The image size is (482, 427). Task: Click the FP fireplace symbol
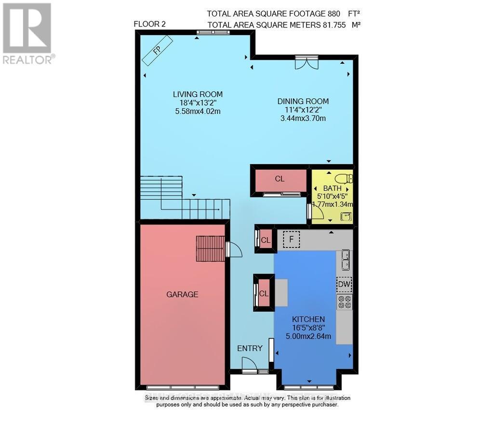pos(157,50)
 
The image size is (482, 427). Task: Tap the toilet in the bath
pos(344,178)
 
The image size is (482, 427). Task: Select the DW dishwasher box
pos(344,285)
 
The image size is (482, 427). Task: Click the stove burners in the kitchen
pos(344,302)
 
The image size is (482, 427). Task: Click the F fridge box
pos(291,238)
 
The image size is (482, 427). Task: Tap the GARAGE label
pos(182,294)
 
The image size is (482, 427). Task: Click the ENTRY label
pos(250,348)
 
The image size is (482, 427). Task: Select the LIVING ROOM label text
pos(198,94)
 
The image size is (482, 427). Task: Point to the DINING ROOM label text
pos(303,101)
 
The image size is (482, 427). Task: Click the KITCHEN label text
pos(308,319)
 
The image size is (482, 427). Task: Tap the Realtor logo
pos(27,34)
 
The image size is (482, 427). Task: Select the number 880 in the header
pos(333,14)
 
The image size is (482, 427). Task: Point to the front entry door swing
pos(249,364)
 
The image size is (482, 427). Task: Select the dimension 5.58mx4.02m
pos(198,112)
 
